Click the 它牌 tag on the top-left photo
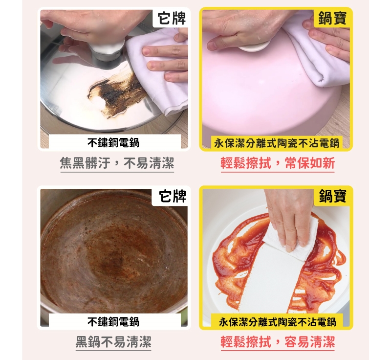(172, 18)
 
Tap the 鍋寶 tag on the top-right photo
(332, 18)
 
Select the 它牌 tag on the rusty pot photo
(173, 196)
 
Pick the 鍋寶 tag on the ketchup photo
(332, 196)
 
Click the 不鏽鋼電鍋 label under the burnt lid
(113, 143)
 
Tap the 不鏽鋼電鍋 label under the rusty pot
(113, 321)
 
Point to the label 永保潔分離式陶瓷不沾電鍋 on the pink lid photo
(277, 143)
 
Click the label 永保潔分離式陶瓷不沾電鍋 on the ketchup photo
(277, 322)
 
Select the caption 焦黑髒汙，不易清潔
(117, 163)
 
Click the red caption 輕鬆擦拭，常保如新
(278, 163)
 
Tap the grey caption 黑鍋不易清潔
(113, 342)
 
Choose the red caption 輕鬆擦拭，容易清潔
(278, 342)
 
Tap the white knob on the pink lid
(254, 45)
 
